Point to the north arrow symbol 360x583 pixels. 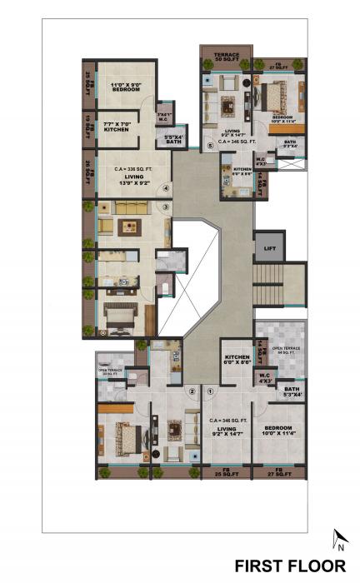(x=339, y=541)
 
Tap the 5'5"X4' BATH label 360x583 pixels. (x=173, y=139)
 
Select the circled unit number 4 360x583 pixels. (x=166, y=187)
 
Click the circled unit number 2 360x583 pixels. (x=192, y=391)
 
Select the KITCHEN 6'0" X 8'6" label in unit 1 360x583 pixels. (x=237, y=361)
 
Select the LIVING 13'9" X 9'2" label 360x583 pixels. (x=130, y=179)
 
